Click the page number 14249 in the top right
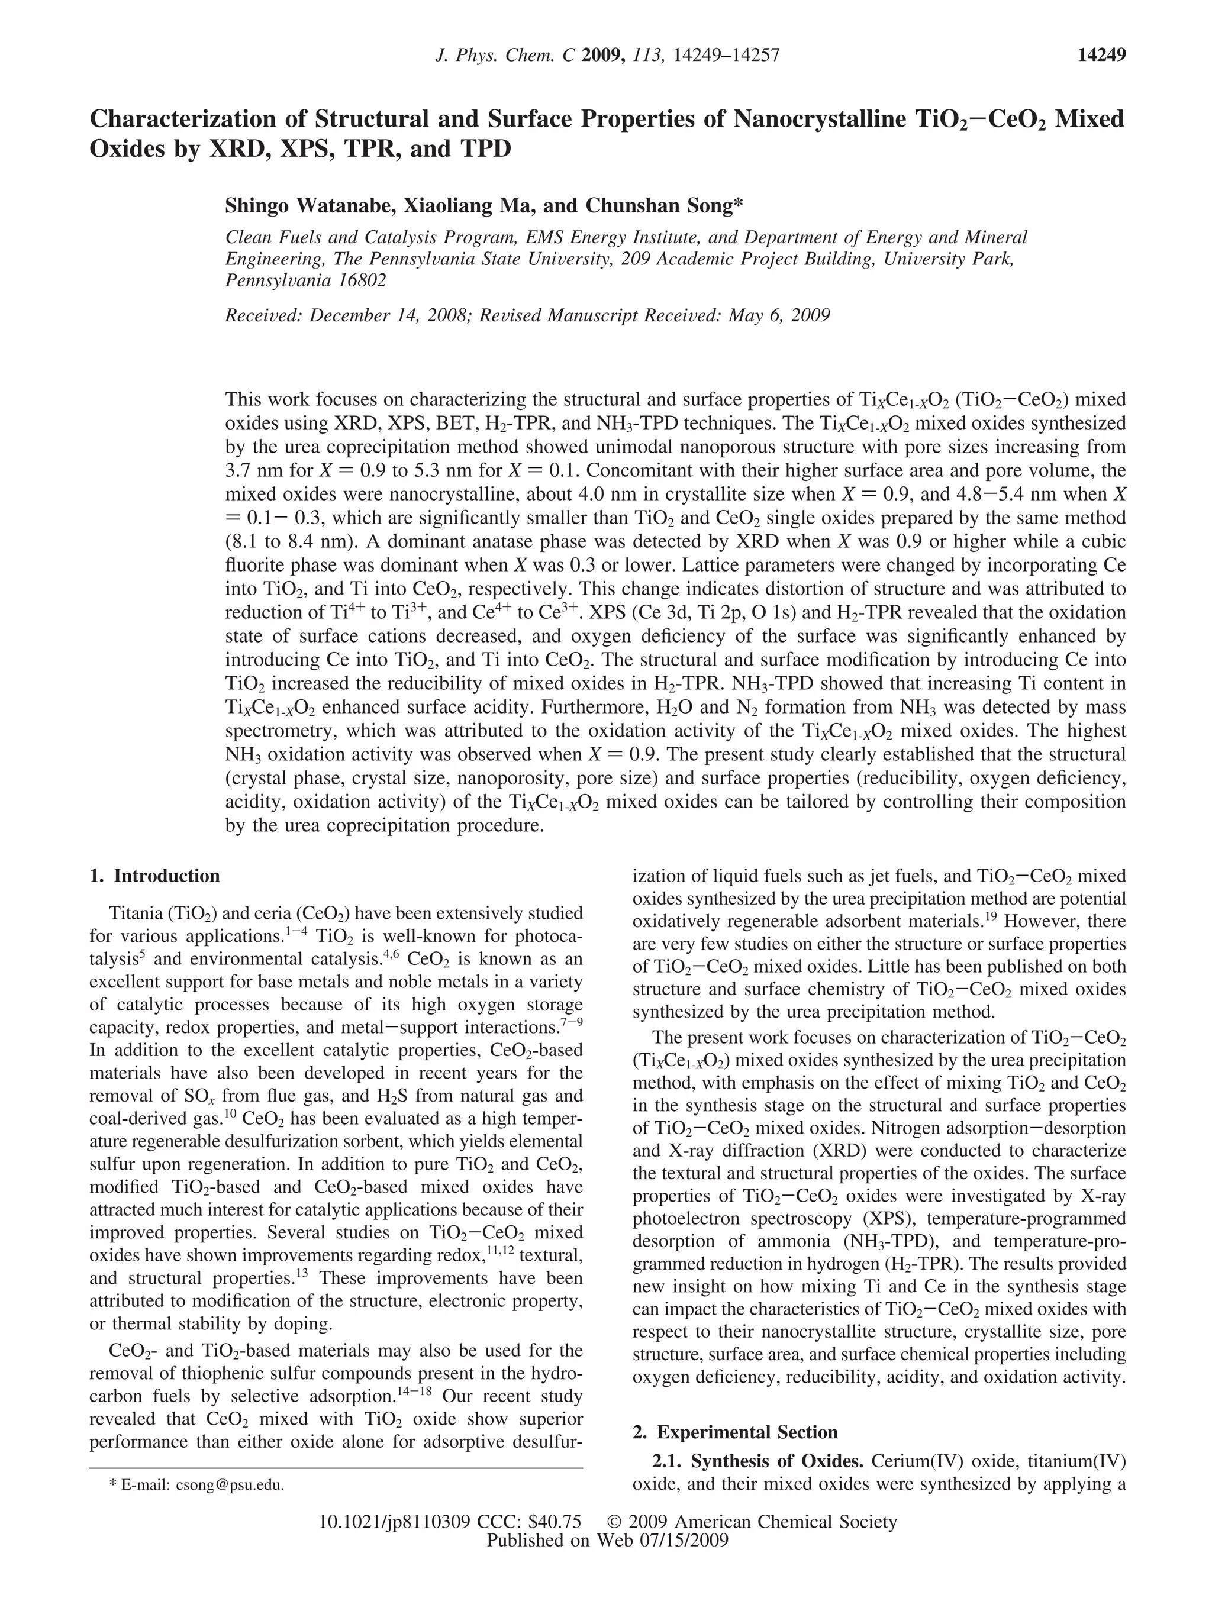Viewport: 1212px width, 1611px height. pos(1101,54)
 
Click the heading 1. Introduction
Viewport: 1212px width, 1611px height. pos(154,876)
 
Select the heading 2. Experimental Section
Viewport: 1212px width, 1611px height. pos(735,1432)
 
